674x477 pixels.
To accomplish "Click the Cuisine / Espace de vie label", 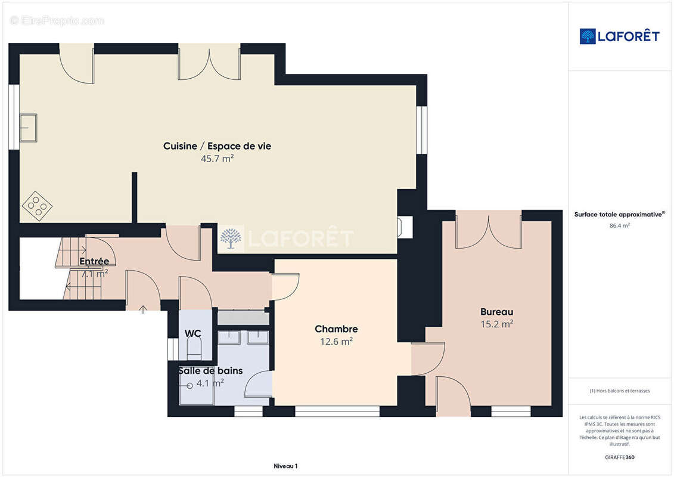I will tap(217, 146).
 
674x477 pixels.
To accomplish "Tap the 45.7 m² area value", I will tap(217, 159).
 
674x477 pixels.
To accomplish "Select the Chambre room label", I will tap(336, 329).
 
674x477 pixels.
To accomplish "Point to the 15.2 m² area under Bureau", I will tap(496, 324).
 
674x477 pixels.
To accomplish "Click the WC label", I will tap(192, 333).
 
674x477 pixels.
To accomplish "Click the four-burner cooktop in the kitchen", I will tap(37, 206).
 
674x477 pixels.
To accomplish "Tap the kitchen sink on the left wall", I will tap(28, 128).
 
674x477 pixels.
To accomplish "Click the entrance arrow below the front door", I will tap(143, 309).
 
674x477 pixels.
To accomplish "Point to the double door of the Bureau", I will tap(488, 233).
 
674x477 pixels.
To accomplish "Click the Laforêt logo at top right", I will tap(620, 36).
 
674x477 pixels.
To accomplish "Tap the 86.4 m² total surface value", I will tap(620, 225).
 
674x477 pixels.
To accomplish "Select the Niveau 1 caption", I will tap(285, 466).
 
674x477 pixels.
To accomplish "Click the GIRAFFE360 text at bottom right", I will tap(620, 457).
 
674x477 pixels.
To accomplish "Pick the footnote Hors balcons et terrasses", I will tap(620, 391).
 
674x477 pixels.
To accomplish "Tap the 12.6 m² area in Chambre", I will tap(336, 342).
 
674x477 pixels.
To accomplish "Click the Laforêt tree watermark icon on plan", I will tap(231, 238).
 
